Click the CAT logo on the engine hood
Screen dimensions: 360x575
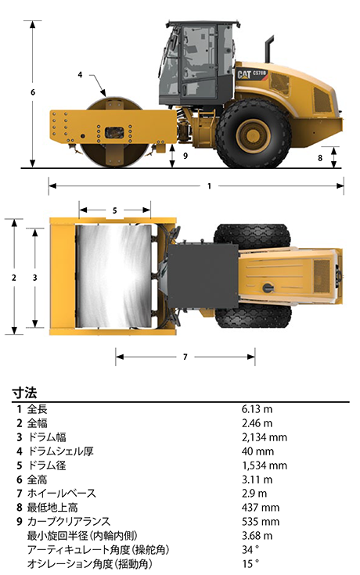pyautogui.click(x=244, y=74)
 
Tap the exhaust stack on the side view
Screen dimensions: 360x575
pyautogui.click(x=270, y=49)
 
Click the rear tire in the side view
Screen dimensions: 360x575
pyautogui.click(x=254, y=135)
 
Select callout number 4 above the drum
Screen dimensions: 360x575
pyautogui.click(x=80, y=75)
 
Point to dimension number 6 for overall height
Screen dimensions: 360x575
pyautogui.click(x=33, y=92)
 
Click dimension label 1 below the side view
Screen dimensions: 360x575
pyautogui.click(x=209, y=186)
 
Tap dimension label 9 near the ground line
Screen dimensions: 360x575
pyautogui.click(x=185, y=156)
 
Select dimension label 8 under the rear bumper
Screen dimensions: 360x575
pyautogui.click(x=320, y=158)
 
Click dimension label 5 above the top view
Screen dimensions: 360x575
pyautogui.click(x=114, y=210)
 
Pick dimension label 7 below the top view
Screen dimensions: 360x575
pyautogui.click(x=185, y=357)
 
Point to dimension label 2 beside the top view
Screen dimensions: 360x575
pyautogui.click(x=14, y=278)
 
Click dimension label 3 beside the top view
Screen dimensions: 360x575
pyautogui.click(x=35, y=278)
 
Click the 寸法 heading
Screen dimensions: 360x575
pyautogui.click(x=24, y=393)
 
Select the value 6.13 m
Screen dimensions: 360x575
pyautogui.click(x=257, y=409)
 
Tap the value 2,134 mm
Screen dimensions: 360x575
pyautogui.click(x=265, y=437)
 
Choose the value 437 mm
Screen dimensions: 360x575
pyautogui.click(x=261, y=508)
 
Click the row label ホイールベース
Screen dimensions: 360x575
pyautogui.click(x=61, y=494)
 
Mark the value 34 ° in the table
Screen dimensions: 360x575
pyautogui.click(x=250, y=550)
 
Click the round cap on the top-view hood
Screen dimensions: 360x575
pyautogui.click(x=268, y=288)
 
